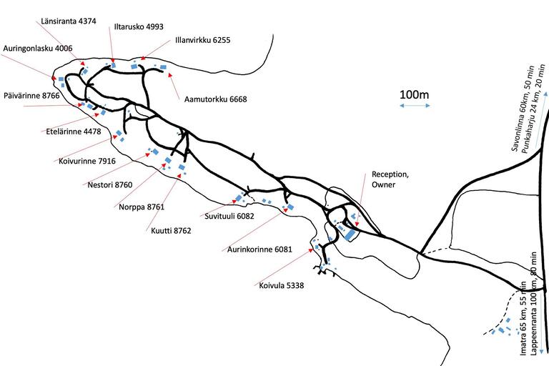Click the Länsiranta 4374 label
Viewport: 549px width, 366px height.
pyautogui.click(x=69, y=21)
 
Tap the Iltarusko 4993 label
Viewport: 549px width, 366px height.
pyautogui.click(x=139, y=26)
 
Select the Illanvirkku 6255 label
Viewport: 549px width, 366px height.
pyautogui.click(x=203, y=40)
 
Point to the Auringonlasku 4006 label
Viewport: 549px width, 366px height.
pyautogui.click(x=38, y=49)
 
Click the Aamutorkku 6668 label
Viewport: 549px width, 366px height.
pyautogui.click(x=216, y=99)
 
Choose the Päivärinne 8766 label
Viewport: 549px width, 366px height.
pyautogui.click(x=31, y=96)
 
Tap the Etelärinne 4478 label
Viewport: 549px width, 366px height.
pyautogui.click(x=74, y=132)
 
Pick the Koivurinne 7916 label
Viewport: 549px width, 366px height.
pyautogui.click(x=86, y=161)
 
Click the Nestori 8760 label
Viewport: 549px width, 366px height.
pyautogui.click(x=110, y=184)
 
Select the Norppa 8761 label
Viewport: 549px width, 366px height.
pyautogui.click(x=142, y=207)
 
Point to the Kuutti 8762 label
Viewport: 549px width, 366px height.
pyautogui.click(x=171, y=231)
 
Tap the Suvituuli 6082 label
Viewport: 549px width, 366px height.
pyautogui.click(x=229, y=216)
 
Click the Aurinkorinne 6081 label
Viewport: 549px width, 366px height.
pyautogui.click(x=259, y=249)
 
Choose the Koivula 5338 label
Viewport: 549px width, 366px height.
pyautogui.click(x=282, y=285)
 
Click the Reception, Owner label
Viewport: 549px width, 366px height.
pyautogui.click(x=390, y=179)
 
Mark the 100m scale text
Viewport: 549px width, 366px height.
pyautogui.click(x=414, y=94)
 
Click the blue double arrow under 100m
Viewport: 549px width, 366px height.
pyautogui.click(x=415, y=105)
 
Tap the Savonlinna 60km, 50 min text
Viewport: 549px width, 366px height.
pyautogui.click(x=522, y=109)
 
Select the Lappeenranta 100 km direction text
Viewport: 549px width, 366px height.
pyautogui.click(x=534, y=304)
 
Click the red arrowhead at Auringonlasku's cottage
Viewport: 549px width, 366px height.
pyautogui.click(x=53, y=78)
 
